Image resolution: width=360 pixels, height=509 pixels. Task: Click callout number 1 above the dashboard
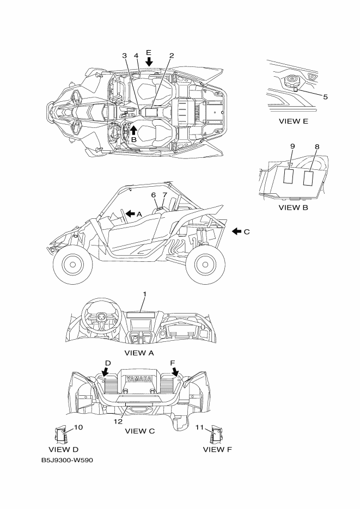[x=145, y=295]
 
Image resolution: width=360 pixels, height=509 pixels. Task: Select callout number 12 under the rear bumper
[x=118, y=421]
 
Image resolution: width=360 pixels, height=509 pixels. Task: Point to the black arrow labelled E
[x=149, y=63]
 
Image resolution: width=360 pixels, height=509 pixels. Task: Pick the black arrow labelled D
[x=106, y=371]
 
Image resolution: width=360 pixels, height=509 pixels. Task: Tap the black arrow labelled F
[x=175, y=371]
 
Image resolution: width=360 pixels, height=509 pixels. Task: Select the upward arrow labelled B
[x=134, y=129]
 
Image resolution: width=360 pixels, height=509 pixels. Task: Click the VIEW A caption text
[x=139, y=353]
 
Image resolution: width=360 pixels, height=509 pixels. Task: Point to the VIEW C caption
[x=140, y=431]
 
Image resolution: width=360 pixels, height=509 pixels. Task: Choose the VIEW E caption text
[x=293, y=121]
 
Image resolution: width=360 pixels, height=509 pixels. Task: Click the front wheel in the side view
[x=72, y=264]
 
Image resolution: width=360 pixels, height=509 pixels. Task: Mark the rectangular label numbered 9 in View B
[x=290, y=176]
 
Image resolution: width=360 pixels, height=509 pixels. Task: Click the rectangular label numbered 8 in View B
[x=308, y=177]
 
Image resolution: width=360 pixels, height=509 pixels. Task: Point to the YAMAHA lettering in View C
[x=139, y=379]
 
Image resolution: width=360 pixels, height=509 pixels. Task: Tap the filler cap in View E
[x=291, y=82]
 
